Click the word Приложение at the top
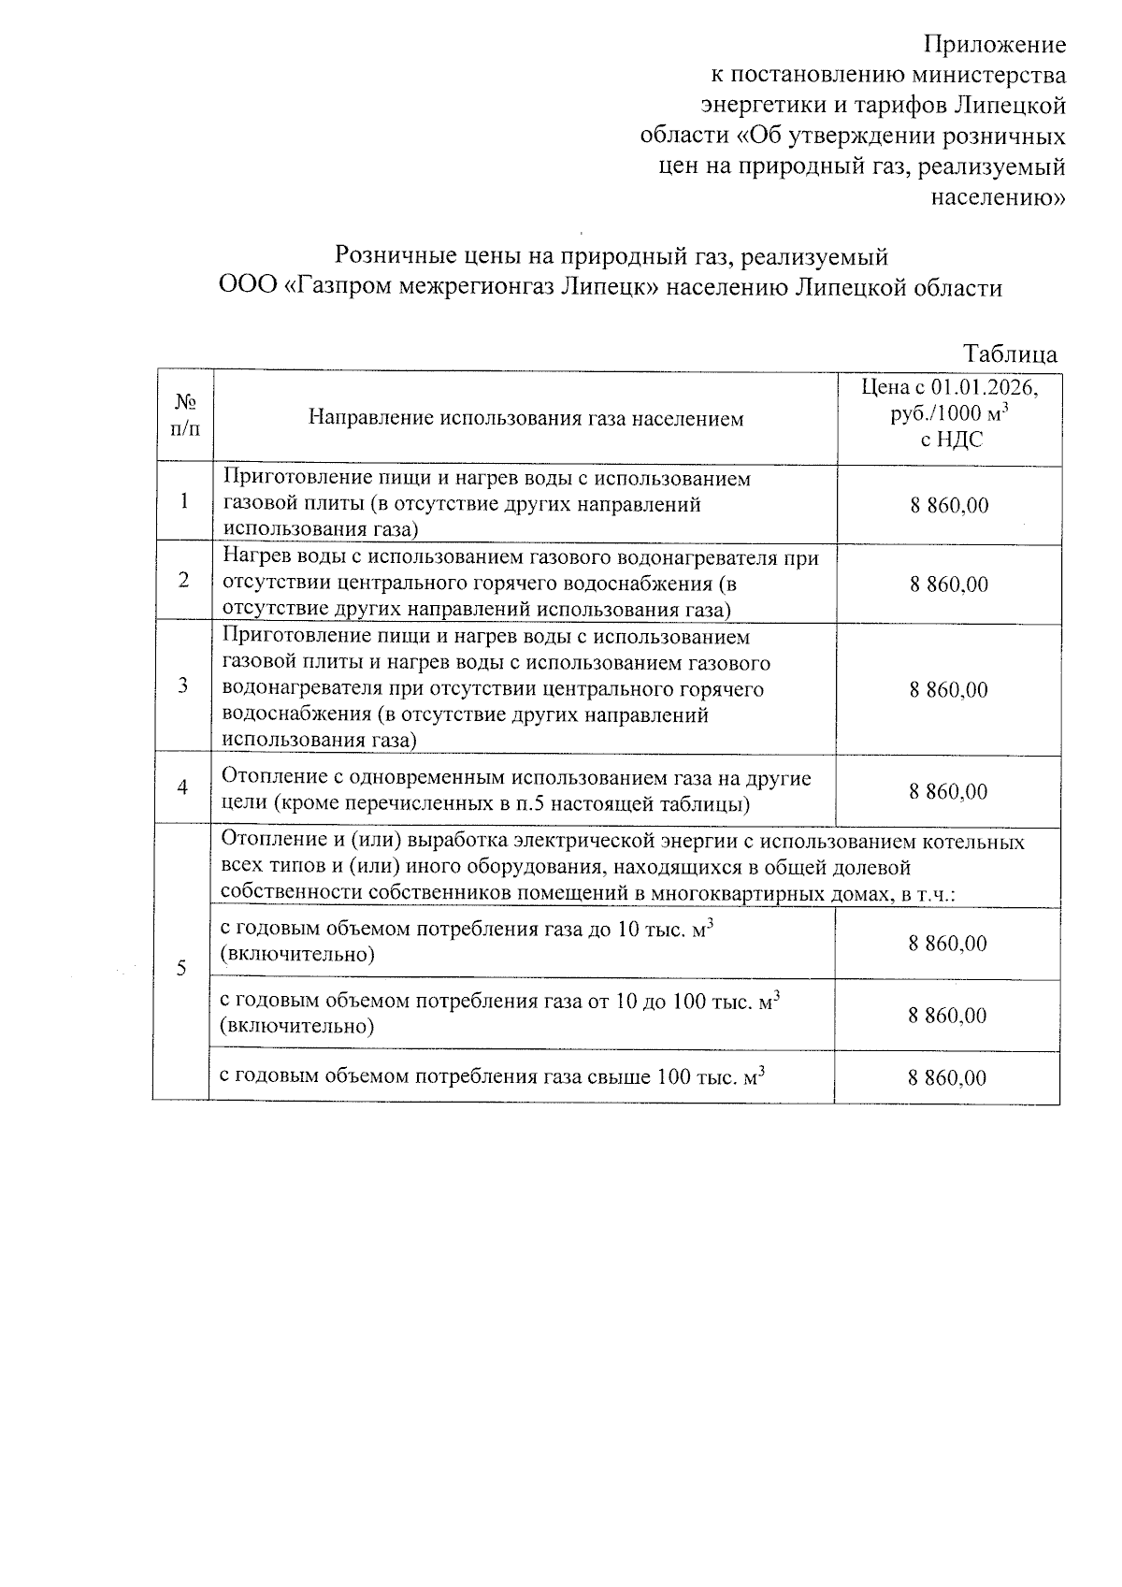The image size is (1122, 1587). (x=995, y=44)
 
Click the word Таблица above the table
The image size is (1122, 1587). (x=1011, y=354)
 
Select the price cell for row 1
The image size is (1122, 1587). (x=949, y=506)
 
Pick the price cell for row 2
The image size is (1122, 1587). (x=949, y=584)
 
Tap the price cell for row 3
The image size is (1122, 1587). (x=949, y=690)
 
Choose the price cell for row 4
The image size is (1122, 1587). (x=949, y=792)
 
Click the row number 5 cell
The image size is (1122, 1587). (x=182, y=967)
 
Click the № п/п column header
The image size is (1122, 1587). (x=185, y=415)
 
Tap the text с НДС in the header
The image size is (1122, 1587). (x=951, y=440)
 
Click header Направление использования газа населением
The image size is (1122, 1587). (x=525, y=418)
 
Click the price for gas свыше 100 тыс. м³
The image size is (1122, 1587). (x=947, y=1078)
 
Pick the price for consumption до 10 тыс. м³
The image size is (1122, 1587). (x=947, y=944)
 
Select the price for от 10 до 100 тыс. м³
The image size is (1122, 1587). (x=947, y=1016)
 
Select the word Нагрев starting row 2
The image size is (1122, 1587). (x=253, y=558)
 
